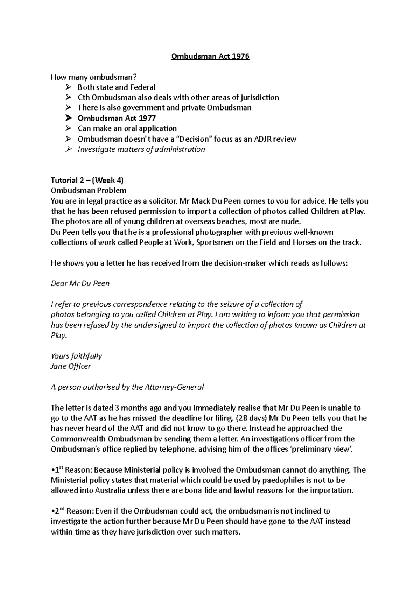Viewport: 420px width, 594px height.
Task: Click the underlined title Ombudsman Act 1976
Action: [x=210, y=57]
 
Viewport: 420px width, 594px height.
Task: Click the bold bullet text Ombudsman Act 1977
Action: [x=117, y=118]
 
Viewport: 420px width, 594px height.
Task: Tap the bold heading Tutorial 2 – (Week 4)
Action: [x=87, y=181]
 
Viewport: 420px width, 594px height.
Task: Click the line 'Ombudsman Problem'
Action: [x=89, y=191]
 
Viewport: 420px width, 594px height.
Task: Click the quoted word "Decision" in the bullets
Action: [x=196, y=139]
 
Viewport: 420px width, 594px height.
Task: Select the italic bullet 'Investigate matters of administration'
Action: [x=141, y=149]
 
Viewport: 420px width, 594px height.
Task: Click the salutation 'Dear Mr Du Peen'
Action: [x=80, y=283]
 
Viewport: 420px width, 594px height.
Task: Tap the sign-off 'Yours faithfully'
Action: [x=76, y=356]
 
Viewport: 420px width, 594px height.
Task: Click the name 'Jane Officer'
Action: [x=71, y=366]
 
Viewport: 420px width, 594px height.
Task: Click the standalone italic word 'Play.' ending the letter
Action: [x=58, y=335]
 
